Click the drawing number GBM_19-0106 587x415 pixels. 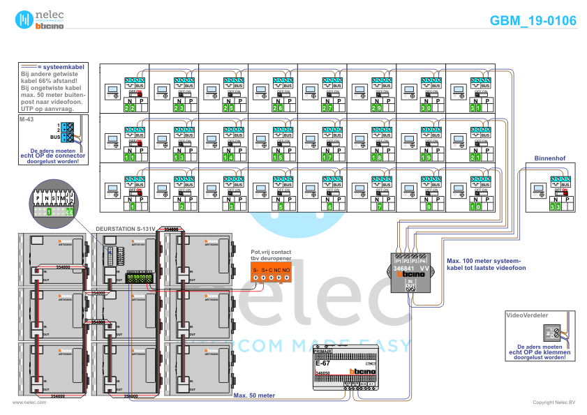(533, 21)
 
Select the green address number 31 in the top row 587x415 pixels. (475, 108)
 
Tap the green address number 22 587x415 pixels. (129, 108)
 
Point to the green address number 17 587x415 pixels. (327, 158)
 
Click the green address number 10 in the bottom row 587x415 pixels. (475, 206)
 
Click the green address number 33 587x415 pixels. (555, 206)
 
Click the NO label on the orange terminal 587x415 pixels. (286, 269)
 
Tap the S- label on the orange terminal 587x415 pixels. (255, 269)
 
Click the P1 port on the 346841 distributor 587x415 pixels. (398, 261)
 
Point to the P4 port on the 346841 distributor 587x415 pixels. (422, 261)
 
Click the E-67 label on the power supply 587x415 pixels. (322, 363)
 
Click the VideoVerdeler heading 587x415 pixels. (527, 315)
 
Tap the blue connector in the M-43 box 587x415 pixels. (67, 132)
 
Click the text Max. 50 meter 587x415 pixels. (254, 395)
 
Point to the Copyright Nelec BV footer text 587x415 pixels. (553, 402)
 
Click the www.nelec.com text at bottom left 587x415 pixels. (29, 402)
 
